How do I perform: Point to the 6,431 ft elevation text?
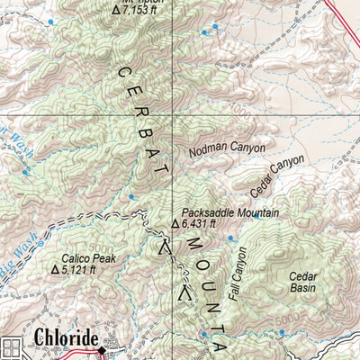tap(199, 224)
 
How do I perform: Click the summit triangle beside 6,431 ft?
tap(175, 224)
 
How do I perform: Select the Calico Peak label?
tap(90, 256)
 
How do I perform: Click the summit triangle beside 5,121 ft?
tap(55, 268)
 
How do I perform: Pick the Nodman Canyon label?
tap(228, 148)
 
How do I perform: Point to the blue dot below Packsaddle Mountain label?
tap(230, 238)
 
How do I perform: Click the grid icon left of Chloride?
tap(13, 346)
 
